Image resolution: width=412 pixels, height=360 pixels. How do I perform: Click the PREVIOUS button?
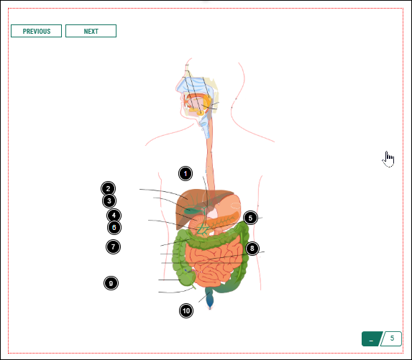(37, 31)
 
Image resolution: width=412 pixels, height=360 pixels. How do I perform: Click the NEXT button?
(91, 31)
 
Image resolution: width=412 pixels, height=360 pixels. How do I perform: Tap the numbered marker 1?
(186, 173)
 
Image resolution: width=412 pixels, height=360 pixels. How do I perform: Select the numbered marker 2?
(107, 189)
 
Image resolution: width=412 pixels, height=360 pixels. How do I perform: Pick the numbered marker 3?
(109, 201)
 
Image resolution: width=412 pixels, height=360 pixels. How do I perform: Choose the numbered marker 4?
(114, 216)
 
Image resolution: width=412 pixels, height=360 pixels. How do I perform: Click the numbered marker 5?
(250, 218)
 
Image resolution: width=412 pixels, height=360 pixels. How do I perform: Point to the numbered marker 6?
(114, 228)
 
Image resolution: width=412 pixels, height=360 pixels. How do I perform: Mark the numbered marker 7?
(113, 246)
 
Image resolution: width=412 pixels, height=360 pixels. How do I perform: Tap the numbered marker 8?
(251, 249)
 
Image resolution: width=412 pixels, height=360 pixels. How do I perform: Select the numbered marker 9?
(111, 283)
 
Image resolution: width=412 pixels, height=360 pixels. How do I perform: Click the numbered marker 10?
(186, 310)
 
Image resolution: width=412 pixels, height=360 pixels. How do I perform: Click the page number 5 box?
(392, 338)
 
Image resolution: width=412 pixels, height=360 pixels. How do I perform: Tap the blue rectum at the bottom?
(209, 298)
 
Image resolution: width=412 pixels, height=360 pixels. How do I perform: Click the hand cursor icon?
(388, 159)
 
